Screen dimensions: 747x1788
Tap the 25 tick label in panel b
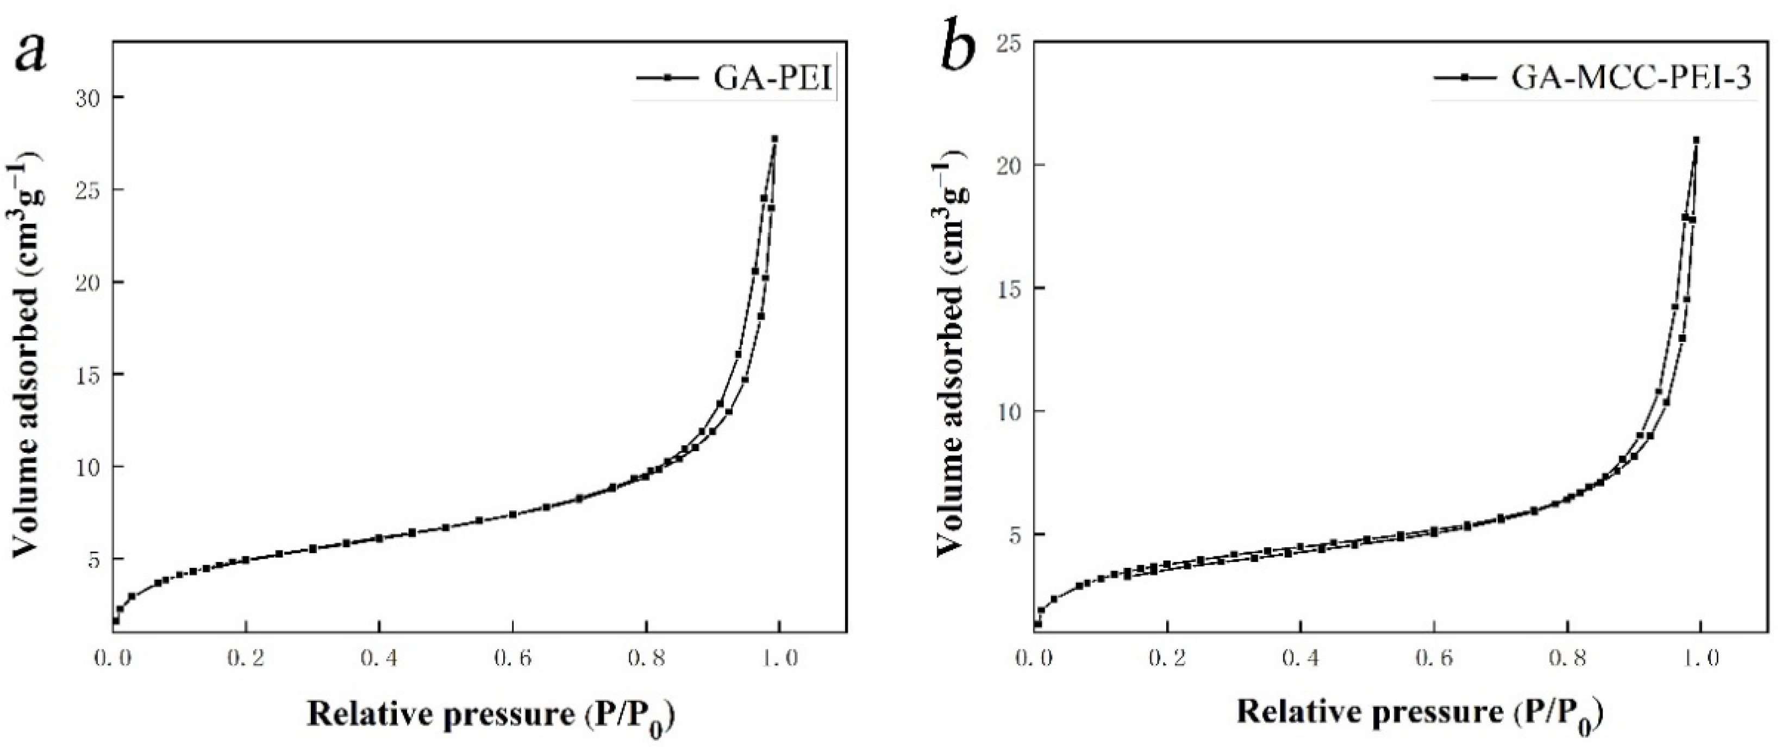click(1009, 42)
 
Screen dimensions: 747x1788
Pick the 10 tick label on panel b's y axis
click(1009, 412)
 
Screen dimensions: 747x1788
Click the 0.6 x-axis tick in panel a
click(512, 657)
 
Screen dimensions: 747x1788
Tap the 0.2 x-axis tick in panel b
click(1167, 657)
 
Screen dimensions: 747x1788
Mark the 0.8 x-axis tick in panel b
click(1567, 657)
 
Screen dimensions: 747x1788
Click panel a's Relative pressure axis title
click(491, 714)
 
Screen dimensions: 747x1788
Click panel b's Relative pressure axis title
click(1420, 714)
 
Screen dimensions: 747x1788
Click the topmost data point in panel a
click(774, 139)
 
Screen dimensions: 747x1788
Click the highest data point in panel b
click(1696, 140)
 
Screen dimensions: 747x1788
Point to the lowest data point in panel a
click(116, 621)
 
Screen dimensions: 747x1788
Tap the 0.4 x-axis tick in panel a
click(379, 657)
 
